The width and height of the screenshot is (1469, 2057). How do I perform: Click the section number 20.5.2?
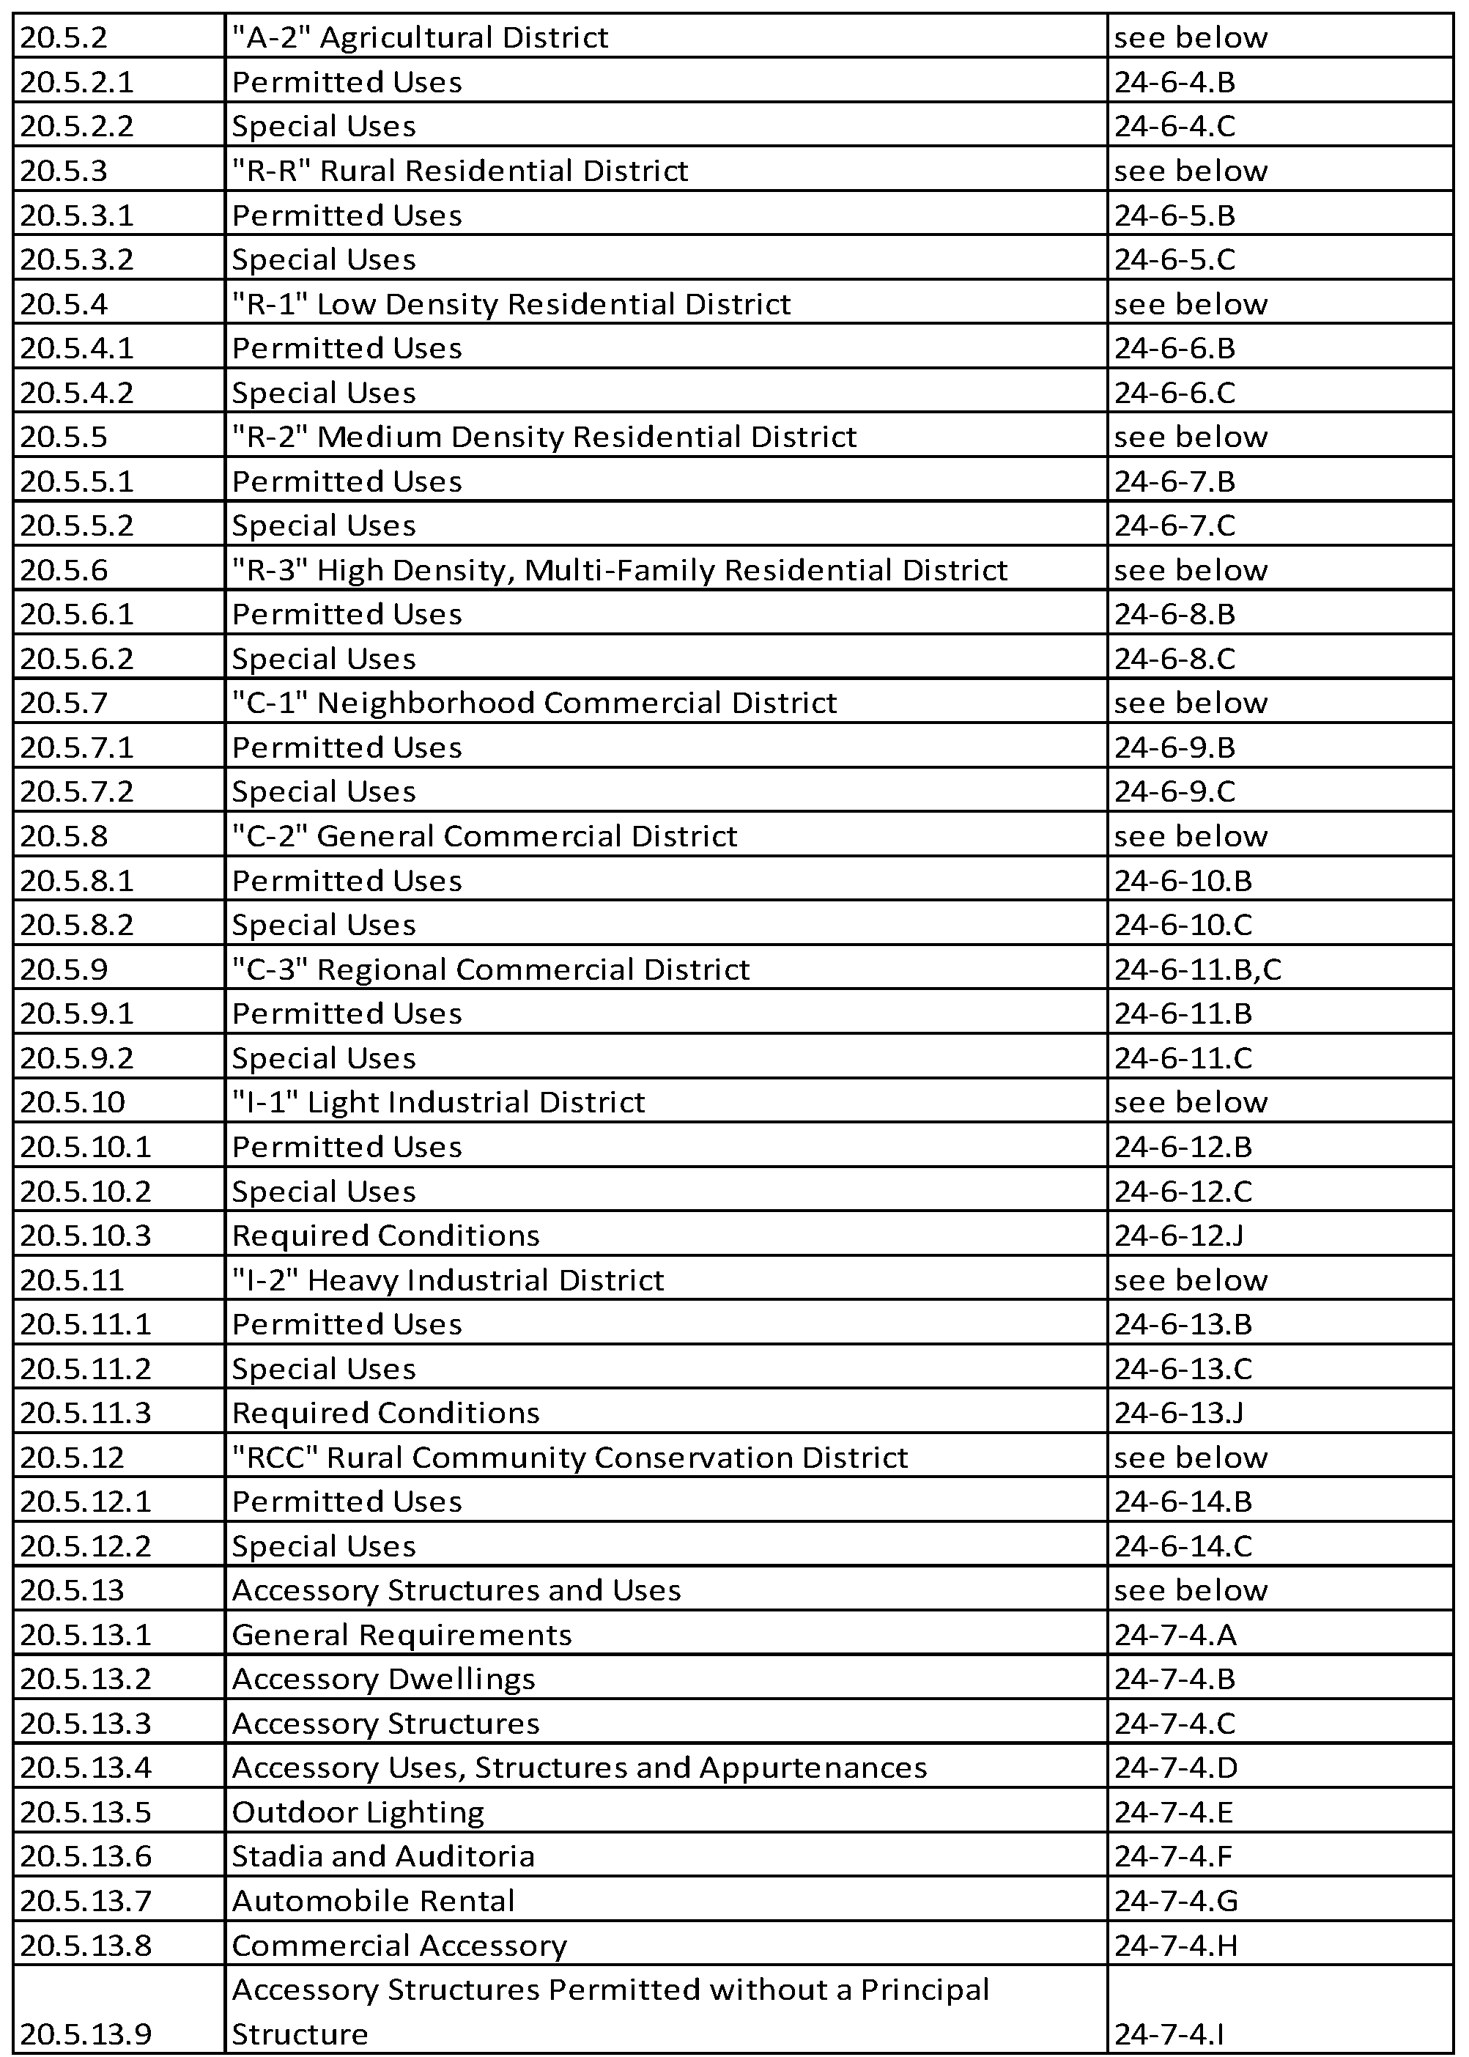coord(63,38)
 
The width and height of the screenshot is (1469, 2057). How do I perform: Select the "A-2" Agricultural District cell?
coord(420,38)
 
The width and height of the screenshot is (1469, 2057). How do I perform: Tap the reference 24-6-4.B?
coord(1174,82)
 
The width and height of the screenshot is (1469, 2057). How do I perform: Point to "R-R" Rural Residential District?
coord(459,171)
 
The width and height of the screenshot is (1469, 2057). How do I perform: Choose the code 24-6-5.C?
coord(1174,259)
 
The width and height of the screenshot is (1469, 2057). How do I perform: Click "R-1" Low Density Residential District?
coord(511,304)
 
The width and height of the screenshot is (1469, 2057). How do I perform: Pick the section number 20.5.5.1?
coord(77,481)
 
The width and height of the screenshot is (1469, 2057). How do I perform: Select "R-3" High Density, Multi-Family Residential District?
coord(620,570)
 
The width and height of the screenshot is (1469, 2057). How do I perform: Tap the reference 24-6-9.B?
coord(1174,748)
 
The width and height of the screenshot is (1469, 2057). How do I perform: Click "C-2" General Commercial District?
coord(484,836)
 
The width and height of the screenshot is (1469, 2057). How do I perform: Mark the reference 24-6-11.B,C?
coord(1198,970)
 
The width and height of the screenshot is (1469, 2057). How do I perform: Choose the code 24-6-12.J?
coord(1179,1236)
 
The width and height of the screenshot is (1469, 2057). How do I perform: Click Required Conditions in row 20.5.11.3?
coord(385,1413)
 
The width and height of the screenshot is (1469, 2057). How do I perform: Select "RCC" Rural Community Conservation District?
coord(570,1458)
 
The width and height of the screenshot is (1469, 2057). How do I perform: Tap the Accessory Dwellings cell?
coord(383,1679)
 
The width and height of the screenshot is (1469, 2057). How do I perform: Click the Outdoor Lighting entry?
coord(358,1812)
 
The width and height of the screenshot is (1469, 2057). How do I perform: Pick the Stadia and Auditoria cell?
coord(383,1856)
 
